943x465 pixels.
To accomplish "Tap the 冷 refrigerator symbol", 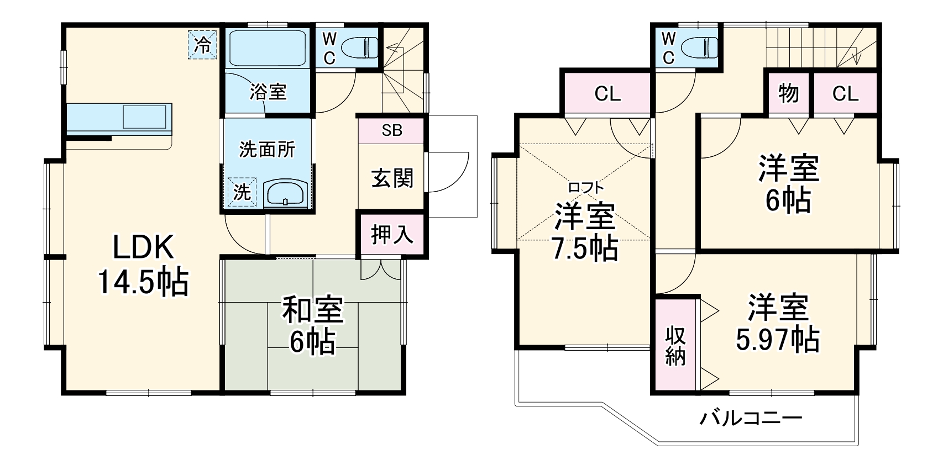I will click(203, 44).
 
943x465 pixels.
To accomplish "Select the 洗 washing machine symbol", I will click(242, 192).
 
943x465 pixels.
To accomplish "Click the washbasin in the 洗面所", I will click(284, 194).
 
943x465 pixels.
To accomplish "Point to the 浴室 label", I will click(268, 92).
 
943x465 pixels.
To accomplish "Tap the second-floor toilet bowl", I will click(700, 47).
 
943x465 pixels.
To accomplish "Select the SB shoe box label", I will click(391, 131).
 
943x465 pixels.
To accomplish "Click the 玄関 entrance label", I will click(392, 178).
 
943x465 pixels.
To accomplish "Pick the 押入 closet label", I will click(392, 234).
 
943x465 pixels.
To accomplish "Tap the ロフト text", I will click(585, 188).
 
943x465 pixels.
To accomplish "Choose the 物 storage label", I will click(789, 93).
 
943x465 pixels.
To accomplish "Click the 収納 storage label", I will click(675, 346).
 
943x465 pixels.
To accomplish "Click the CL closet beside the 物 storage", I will click(845, 94).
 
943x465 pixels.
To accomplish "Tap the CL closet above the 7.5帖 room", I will click(607, 94).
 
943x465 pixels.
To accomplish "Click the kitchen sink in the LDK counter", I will click(145, 117).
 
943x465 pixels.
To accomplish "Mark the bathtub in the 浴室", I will click(268, 48).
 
